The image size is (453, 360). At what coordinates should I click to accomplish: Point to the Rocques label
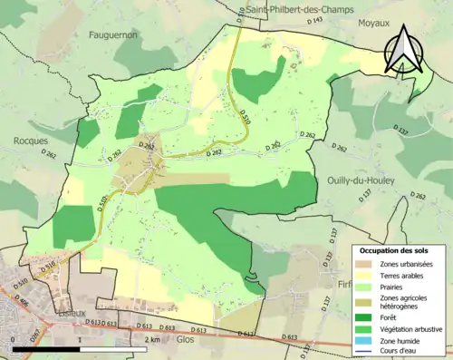pyautogui.click(x=33, y=141)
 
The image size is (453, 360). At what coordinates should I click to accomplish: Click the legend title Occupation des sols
pyautogui.click(x=396, y=249)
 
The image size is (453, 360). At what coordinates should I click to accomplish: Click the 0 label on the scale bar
pyautogui.click(x=14, y=340)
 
